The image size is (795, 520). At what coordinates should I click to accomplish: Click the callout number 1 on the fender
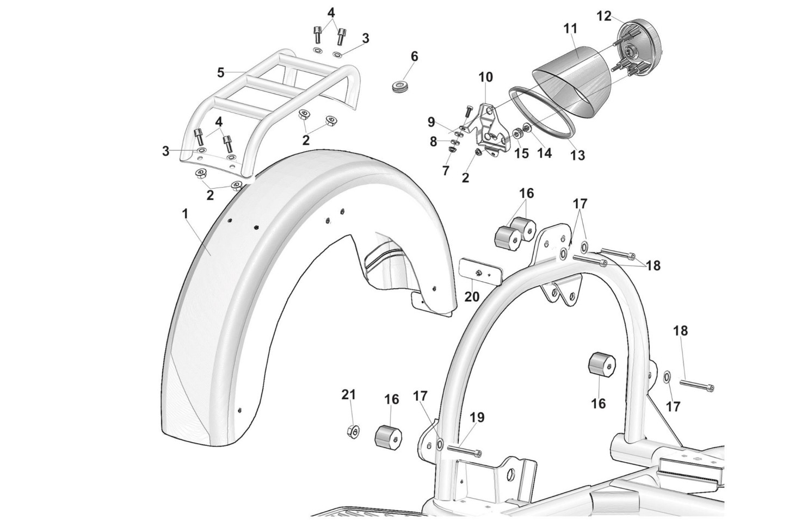point(184,214)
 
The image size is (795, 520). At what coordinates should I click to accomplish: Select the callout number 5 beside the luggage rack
point(221,73)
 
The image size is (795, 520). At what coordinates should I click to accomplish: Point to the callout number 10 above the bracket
point(485,77)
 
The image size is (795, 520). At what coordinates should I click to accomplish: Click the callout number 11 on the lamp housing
point(570,29)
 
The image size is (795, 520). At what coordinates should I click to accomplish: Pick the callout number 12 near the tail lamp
point(605,16)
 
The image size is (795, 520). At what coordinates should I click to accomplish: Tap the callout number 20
point(472,296)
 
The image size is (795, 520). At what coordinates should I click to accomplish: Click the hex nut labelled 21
point(353,431)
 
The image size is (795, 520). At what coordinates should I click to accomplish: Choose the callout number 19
point(477,418)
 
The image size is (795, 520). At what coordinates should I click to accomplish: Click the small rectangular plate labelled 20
point(481,273)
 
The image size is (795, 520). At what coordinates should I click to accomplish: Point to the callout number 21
point(348,394)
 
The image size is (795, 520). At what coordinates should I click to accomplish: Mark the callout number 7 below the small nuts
point(446,171)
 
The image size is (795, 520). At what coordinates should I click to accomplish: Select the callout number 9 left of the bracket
point(431,122)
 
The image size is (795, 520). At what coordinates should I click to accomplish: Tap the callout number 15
point(521,153)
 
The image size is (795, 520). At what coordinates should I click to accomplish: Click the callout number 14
point(544,153)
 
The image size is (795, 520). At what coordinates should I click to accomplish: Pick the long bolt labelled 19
point(465,451)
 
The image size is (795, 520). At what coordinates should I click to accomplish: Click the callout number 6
point(414,57)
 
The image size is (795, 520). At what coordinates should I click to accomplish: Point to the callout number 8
point(433,141)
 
